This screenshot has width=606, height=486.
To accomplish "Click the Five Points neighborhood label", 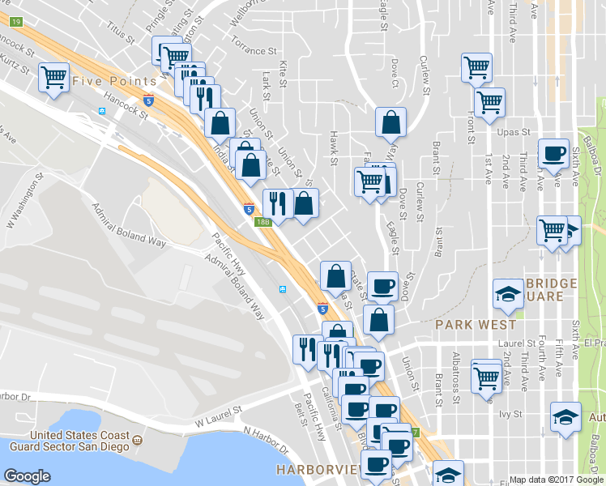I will tap(114, 81).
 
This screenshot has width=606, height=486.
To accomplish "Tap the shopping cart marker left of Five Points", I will tap(53, 79).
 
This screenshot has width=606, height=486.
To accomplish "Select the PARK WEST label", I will tap(464, 324).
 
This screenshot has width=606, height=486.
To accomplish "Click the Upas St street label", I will tap(514, 131).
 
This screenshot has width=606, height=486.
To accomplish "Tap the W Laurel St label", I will tap(219, 418).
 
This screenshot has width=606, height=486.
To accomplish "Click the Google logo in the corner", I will tap(27, 477).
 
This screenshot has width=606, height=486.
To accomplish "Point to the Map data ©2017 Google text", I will tap(556, 480).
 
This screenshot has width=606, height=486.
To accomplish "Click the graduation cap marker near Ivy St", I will tap(565, 416).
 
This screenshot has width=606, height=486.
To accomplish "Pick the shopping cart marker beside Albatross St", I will tap(486, 375).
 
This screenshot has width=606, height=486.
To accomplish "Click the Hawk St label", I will tap(333, 149).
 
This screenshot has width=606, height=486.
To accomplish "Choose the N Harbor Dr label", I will tap(266, 441).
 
